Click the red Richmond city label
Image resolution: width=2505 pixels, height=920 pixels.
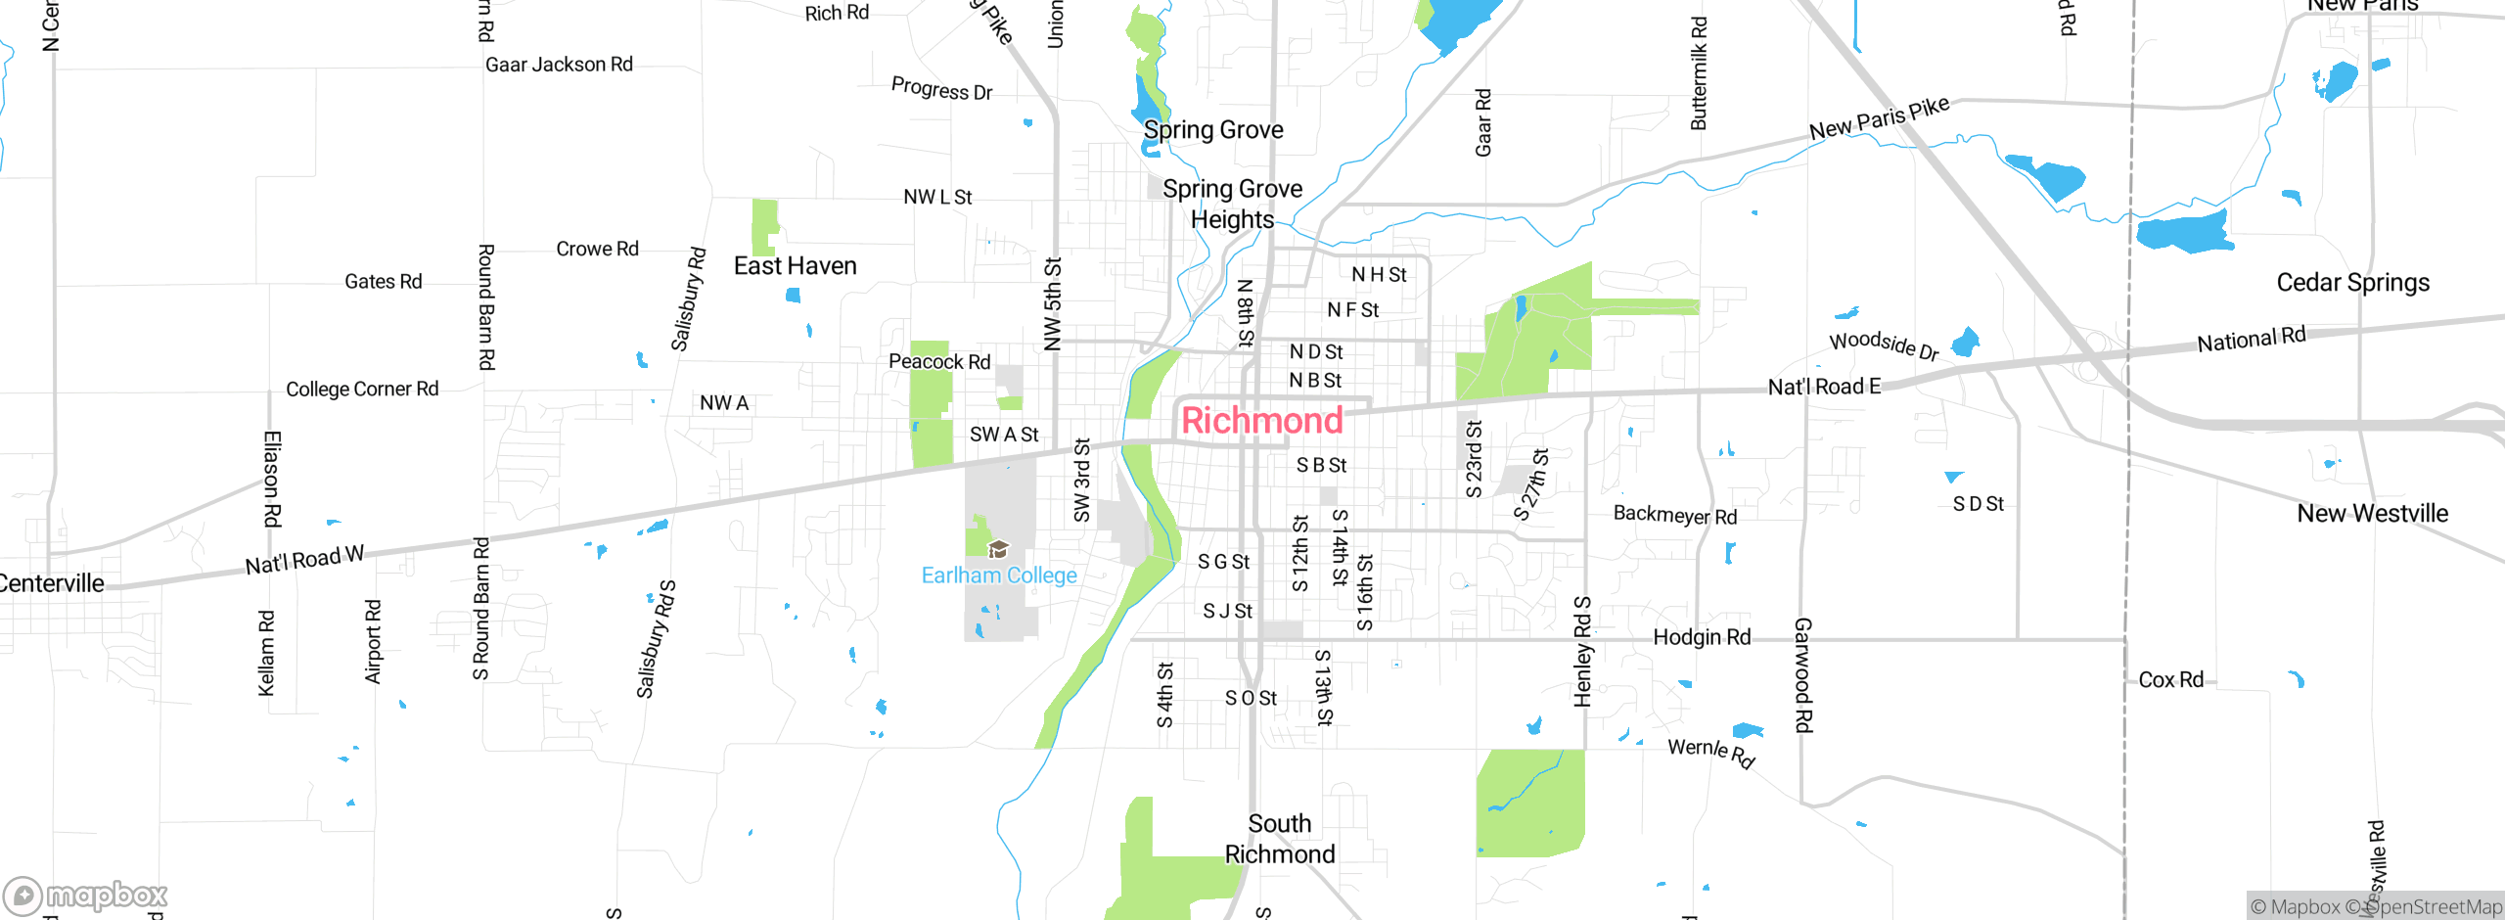(x=1261, y=421)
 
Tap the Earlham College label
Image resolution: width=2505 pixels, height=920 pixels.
(x=999, y=575)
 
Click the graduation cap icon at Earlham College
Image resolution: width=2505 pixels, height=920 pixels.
(x=998, y=549)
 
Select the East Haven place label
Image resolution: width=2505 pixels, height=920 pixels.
(x=795, y=266)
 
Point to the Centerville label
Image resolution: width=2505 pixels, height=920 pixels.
(x=51, y=583)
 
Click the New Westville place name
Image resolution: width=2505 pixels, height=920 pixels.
(x=2372, y=514)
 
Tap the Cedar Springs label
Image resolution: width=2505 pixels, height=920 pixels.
(x=2352, y=283)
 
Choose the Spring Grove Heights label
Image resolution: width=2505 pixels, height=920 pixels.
(x=1232, y=204)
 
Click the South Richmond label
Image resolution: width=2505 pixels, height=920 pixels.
(x=1279, y=839)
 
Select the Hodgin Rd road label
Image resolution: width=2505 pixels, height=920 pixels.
(x=1702, y=637)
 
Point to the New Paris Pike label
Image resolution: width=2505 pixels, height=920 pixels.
(x=1879, y=118)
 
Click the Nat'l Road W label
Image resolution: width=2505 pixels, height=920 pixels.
(x=304, y=561)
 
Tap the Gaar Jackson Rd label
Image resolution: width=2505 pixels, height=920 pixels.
(x=559, y=65)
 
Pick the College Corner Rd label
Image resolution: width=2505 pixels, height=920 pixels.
(x=362, y=389)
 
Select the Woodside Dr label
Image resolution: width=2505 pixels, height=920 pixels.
(x=1884, y=345)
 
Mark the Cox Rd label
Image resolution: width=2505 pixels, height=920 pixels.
(x=2170, y=679)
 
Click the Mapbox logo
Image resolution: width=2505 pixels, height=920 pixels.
(x=86, y=895)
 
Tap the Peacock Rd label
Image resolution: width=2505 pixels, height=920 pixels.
(x=939, y=361)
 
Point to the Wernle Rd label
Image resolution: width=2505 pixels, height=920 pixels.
(x=1710, y=752)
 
